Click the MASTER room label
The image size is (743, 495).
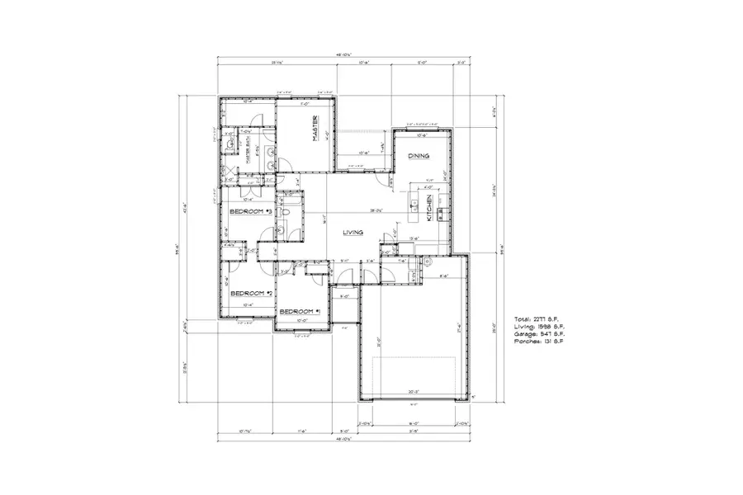pyautogui.click(x=315, y=130)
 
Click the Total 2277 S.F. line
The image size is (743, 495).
pyautogui.click(x=537, y=317)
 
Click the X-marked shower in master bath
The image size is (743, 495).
pyautogui.click(x=230, y=172)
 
